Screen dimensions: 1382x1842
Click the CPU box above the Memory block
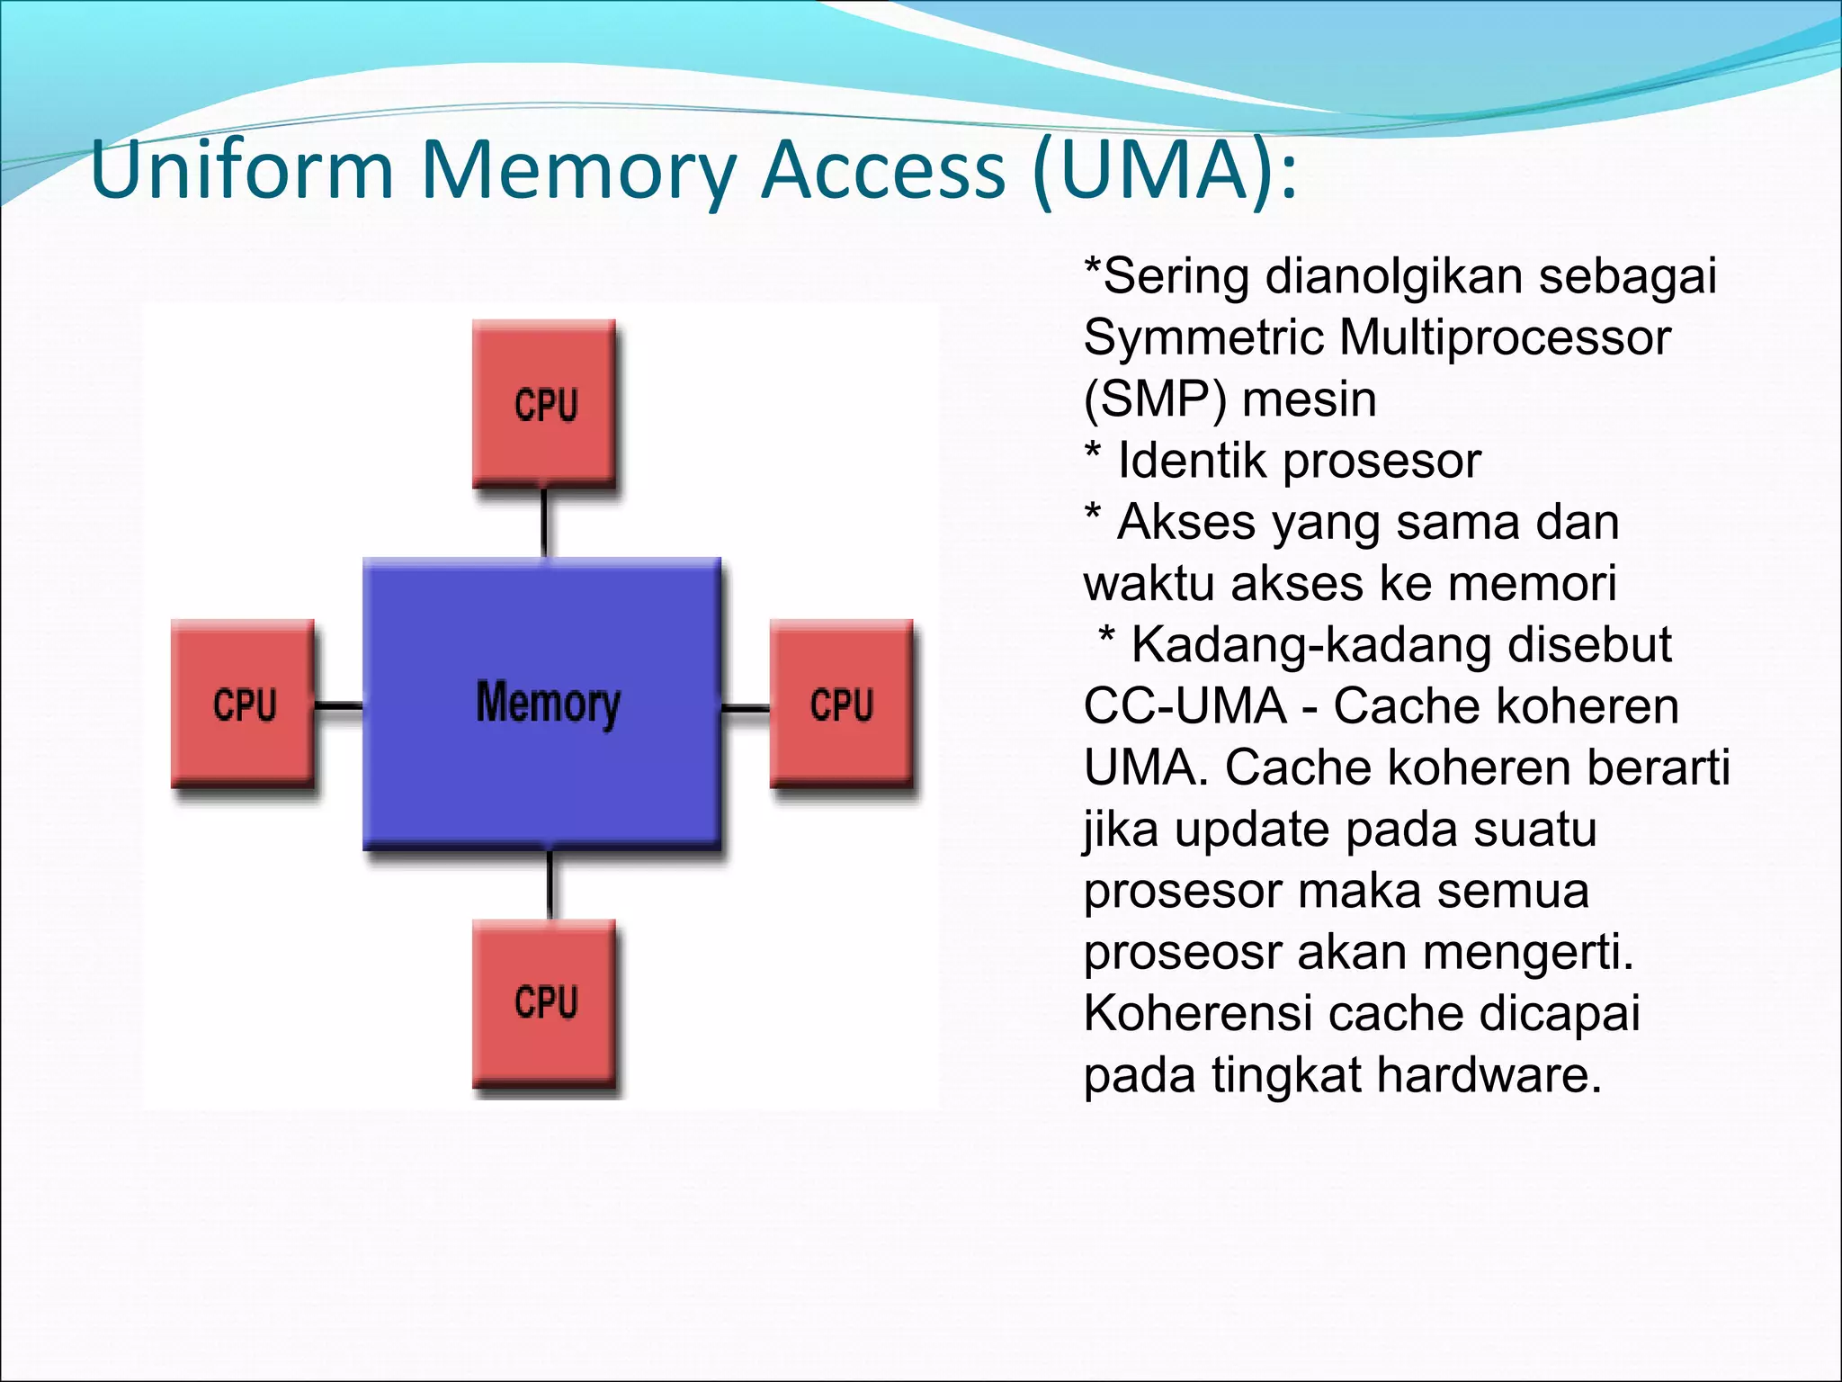point(544,404)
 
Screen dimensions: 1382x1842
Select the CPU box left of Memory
point(243,704)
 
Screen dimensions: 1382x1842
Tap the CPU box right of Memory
point(842,704)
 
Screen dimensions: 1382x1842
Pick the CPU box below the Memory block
point(544,1003)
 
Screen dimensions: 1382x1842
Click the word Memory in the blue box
point(548,703)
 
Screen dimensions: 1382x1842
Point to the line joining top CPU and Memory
point(544,523)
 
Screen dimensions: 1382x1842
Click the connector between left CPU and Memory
point(339,706)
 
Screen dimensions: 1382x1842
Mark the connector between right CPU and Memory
point(746,709)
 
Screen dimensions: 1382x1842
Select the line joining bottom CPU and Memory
point(550,884)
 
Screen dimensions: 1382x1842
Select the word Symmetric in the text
point(1203,337)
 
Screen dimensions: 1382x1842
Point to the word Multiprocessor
point(1505,337)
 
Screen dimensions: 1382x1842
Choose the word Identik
point(1193,461)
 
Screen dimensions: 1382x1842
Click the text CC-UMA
point(1185,705)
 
